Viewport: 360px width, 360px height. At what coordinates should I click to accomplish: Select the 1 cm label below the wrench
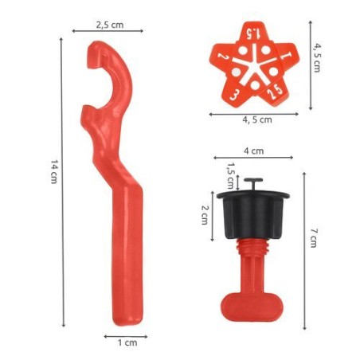click(126, 343)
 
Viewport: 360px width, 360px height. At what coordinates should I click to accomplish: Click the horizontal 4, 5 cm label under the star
click(256, 120)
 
